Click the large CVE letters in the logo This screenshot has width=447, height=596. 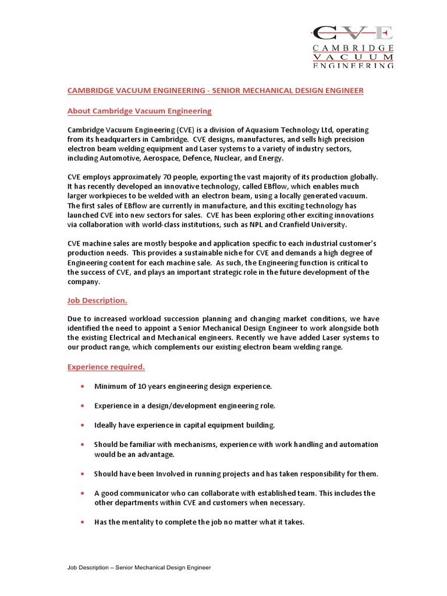pos(353,34)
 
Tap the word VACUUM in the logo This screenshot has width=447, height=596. pos(353,57)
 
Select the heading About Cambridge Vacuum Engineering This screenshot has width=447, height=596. pos(140,111)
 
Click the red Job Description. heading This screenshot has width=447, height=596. pos(97,300)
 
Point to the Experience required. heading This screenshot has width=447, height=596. pos(107,367)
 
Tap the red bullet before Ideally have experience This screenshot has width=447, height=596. pos(82,425)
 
